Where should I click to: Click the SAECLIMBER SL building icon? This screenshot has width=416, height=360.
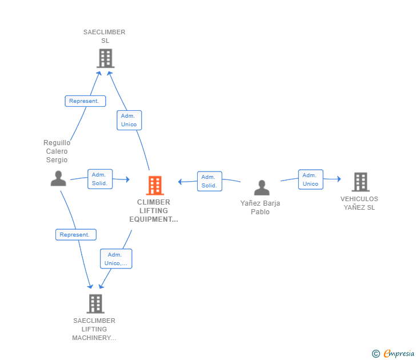(105, 58)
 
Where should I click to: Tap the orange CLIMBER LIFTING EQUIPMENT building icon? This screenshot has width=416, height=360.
(155, 185)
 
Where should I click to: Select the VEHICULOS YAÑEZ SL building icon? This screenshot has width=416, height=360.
(360, 182)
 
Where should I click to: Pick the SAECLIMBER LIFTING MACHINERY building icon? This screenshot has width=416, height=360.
(95, 303)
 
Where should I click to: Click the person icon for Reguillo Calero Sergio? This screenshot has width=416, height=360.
(58, 178)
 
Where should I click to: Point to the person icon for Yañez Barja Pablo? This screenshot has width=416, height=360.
(262, 187)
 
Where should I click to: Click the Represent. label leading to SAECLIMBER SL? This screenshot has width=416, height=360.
(85, 101)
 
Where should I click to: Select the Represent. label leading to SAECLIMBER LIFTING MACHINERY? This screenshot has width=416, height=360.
(76, 234)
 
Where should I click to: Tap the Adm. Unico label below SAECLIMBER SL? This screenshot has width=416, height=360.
(129, 120)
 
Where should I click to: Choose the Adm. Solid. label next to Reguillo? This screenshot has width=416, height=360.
(100, 179)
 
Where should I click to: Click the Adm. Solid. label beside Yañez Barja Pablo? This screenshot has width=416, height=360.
(209, 181)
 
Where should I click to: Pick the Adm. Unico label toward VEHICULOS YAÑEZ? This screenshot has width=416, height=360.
(310, 179)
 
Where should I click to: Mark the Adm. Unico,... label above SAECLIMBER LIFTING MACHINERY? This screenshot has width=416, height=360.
(116, 259)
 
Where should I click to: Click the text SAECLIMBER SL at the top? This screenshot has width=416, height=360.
(105, 37)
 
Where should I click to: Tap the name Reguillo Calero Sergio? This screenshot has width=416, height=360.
(57, 151)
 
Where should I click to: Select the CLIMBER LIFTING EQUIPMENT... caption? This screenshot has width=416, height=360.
(154, 211)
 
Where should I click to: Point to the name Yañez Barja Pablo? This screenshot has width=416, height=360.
(261, 207)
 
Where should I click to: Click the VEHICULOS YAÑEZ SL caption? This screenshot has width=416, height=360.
(359, 203)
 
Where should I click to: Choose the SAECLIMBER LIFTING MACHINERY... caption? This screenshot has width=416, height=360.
(94, 329)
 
